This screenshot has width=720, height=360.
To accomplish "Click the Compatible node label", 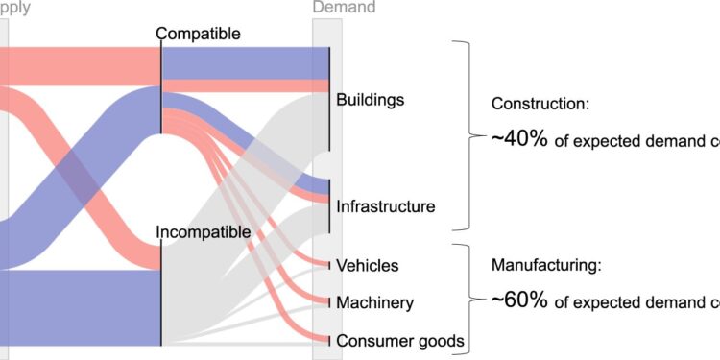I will pos(198,35).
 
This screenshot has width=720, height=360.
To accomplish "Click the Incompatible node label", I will pos(204,231).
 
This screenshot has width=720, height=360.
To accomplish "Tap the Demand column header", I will pos(345,8).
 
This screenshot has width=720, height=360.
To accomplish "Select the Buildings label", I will pos(371,100).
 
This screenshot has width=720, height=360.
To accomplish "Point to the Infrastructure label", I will pos(386,206).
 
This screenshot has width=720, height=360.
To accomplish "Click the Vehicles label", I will pos(368,265).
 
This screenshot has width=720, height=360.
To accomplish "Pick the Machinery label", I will pos(374,303).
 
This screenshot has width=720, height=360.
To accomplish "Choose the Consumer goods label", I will pos(400,341).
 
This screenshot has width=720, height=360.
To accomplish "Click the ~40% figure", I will pos(519,139).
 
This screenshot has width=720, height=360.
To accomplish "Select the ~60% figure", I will pos(519,300).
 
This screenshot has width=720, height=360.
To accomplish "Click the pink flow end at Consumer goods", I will pos(323,339).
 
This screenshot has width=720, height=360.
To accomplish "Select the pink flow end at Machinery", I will pos(323,300).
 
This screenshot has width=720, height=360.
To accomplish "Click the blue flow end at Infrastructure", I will pos(322,186).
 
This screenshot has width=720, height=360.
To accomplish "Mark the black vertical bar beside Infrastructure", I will pos(330,204).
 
